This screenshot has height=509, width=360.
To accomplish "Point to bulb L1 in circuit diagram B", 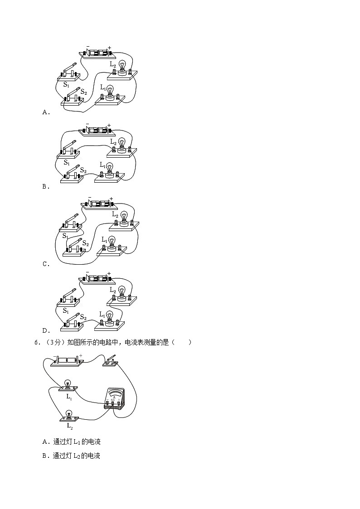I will [x=109, y=168].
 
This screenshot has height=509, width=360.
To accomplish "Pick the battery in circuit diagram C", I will [x=99, y=204].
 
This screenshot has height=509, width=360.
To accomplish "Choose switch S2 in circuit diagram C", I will [x=75, y=246].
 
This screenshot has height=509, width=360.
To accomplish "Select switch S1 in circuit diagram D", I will [x=69, y=298].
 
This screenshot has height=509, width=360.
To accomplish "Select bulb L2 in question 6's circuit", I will [x=69, y=416].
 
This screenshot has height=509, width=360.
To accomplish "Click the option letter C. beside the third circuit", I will [x=45, y=264].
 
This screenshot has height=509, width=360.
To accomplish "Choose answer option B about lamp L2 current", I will [x=71, y=456].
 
